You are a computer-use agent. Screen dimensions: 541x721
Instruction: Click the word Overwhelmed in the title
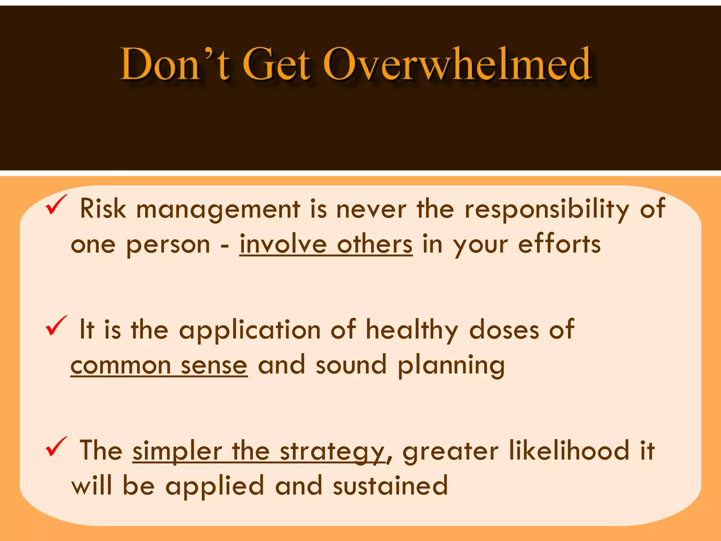457,64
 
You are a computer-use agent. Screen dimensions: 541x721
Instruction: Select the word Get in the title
277,64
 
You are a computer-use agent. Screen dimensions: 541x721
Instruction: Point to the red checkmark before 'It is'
56,326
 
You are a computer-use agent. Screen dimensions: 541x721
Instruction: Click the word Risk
103,209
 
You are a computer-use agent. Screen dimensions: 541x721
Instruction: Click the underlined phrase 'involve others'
326,244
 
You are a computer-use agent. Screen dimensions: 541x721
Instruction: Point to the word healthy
412,330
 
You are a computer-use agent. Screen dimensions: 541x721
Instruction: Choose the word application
250,330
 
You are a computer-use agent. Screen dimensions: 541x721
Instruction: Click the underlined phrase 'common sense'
159,365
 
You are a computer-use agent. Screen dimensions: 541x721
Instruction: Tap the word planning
451,365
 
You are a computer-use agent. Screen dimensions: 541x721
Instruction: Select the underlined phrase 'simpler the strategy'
258,451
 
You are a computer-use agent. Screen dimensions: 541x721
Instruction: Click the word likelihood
569,450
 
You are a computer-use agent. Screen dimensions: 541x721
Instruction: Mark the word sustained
390,486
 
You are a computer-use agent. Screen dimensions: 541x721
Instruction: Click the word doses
504,330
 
